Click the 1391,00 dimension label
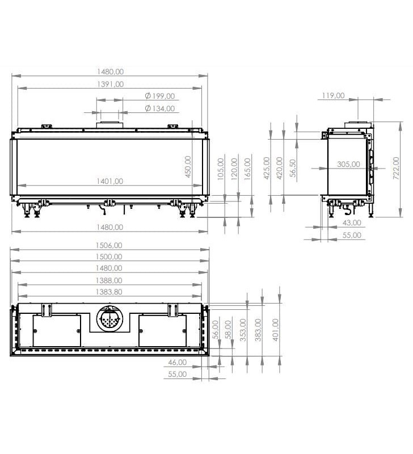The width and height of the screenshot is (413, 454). tap(110, 84)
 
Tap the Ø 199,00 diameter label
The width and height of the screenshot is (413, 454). tap(160, 96)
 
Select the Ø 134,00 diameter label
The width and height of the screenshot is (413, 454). tap(160, 108)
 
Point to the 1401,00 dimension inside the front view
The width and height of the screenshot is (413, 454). tap(110, 181)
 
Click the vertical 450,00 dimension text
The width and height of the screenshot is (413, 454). tap(188, 167)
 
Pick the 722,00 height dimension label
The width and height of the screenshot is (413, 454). tap(396, 168)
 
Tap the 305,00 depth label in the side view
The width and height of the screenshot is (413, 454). tap(348, 164)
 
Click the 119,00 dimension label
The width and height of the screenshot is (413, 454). tap(333, 95)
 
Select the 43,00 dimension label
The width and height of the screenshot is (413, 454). tap(352, 222)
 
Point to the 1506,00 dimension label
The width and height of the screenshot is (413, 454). tap(109, 246)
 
